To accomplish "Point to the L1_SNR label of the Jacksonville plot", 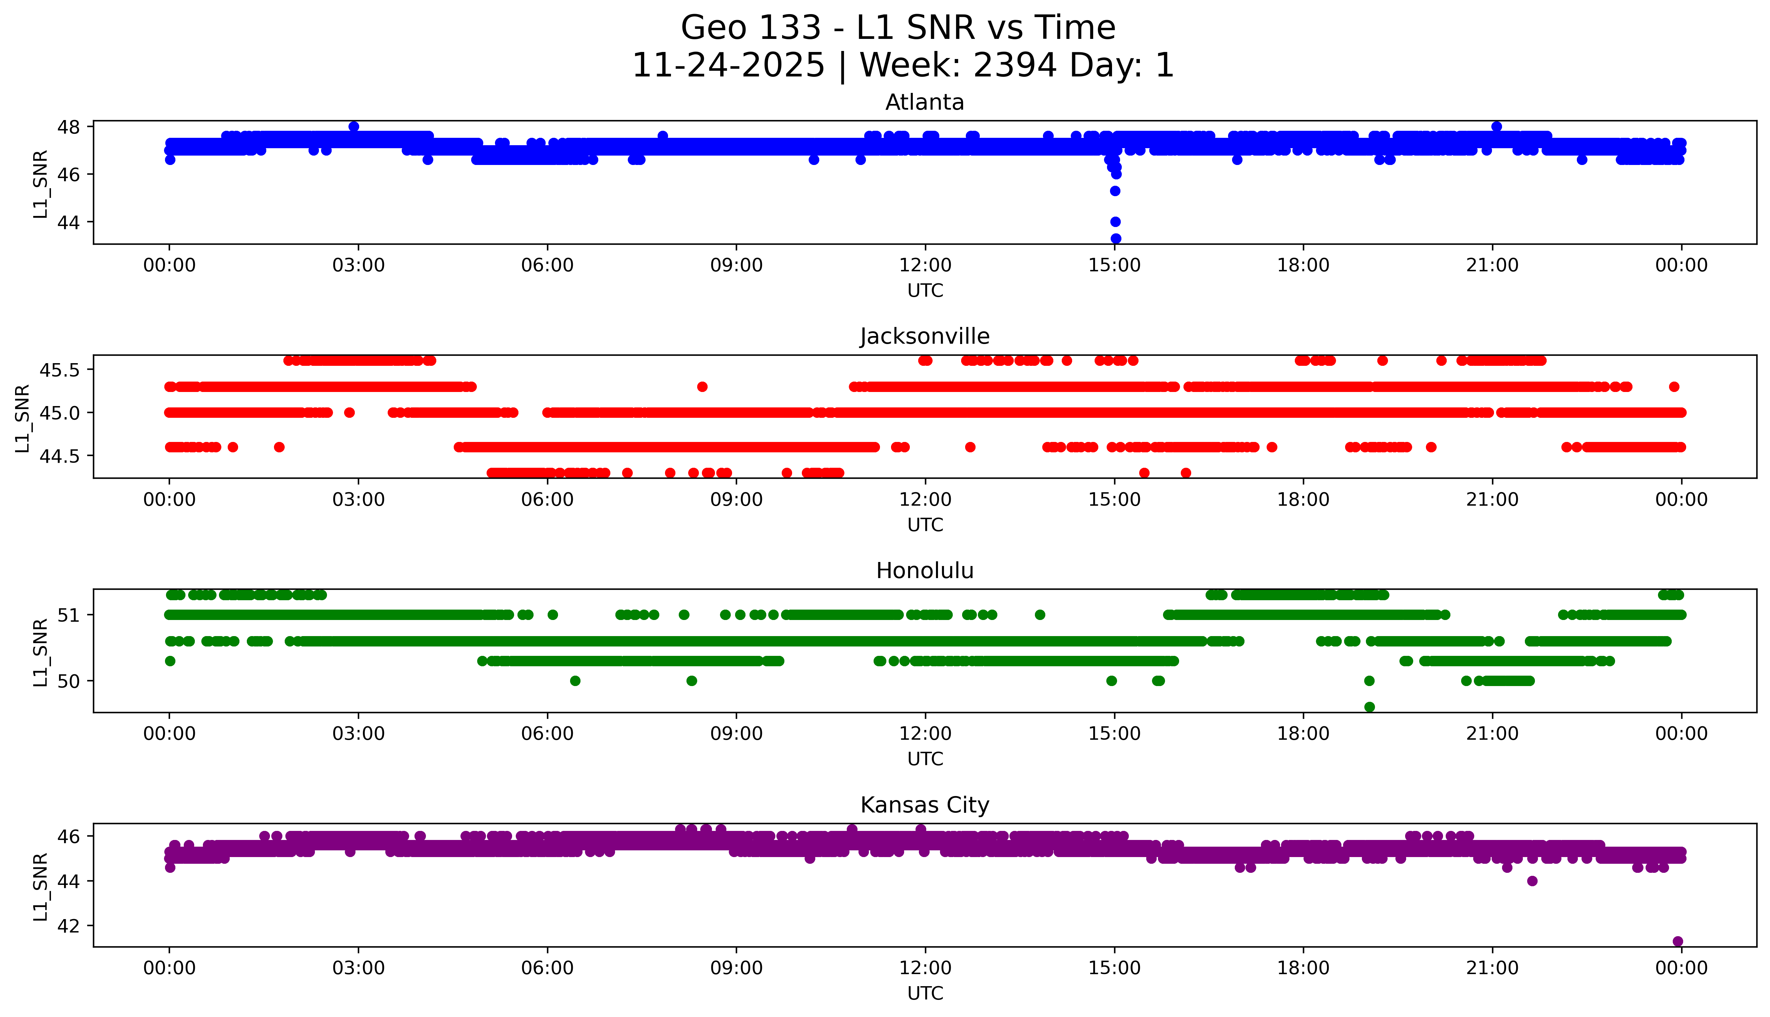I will click(x=23, y=418).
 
